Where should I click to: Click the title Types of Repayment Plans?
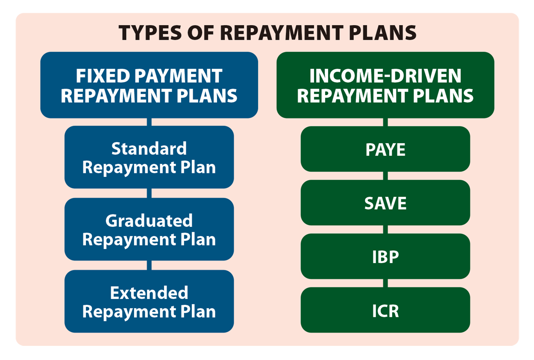[267, 33]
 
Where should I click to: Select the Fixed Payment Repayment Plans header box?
[149, 85]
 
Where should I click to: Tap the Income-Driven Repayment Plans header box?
[385, 85]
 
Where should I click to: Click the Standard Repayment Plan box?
[149, 157]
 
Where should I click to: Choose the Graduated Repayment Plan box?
[149, 229]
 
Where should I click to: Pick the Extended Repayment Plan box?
[149, 301]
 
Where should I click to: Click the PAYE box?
[385, 149]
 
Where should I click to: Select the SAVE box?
[385, 203]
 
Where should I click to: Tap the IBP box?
[385, 257]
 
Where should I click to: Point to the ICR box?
[385, 310]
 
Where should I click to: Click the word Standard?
[149, 148]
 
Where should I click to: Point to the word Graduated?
[149, 221]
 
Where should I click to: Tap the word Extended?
[149, 293]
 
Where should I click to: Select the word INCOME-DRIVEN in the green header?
[385, 76]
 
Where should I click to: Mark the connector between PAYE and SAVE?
[385, 176]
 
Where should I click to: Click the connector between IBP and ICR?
[385, 283]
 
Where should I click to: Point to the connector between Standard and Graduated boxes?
[149, 193]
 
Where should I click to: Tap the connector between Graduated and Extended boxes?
[149, 265]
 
